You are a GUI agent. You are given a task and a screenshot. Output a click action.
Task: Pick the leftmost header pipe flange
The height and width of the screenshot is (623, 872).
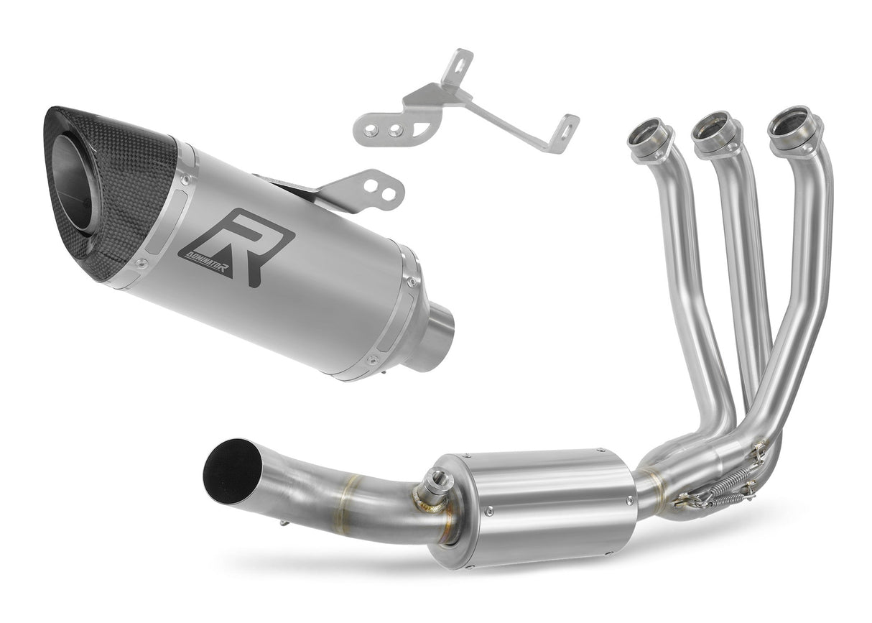(x=651, y=137)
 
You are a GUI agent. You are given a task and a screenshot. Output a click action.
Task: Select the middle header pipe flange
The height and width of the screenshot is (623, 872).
(x=715, y=130)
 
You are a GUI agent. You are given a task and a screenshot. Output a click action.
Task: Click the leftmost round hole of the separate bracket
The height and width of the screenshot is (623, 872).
(x=374, y=129)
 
